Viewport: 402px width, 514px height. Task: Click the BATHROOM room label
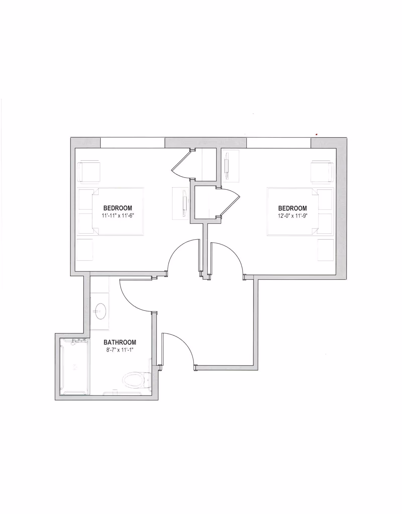point(120,342)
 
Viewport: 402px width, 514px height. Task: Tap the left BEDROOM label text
point(118,208)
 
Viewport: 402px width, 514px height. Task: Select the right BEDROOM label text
point(292,208)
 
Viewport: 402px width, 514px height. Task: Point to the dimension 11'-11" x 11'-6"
point(118,215)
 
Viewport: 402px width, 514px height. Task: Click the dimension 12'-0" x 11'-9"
point(292,216)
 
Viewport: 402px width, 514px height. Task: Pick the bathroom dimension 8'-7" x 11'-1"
point(120,350)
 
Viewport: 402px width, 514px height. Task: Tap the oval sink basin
point(100,311)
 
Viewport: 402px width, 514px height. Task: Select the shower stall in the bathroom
point(74,367)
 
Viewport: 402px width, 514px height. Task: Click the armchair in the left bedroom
point(89,172)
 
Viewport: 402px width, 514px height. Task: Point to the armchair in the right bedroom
point(322,172)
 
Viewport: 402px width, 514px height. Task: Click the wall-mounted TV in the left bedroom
point(185,203)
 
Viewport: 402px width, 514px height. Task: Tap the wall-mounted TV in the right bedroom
point(227,166)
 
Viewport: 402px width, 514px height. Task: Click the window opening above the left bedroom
point(132,143)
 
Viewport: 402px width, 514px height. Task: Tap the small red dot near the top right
point(317,135)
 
